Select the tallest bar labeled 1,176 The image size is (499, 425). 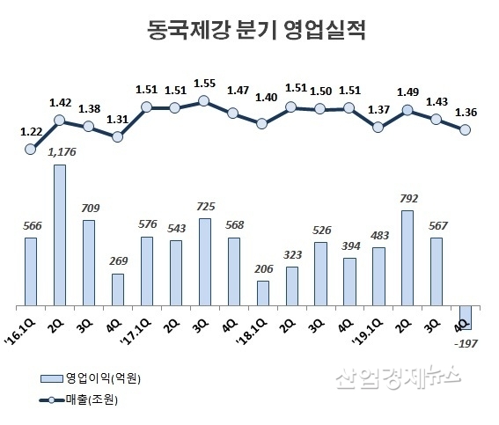61,234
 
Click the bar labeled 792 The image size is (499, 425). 407,257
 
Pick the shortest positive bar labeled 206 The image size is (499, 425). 263,292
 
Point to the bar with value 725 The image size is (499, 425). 205,260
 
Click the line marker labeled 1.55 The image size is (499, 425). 205,100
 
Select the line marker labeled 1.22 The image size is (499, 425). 32,149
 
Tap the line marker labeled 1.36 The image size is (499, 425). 466,130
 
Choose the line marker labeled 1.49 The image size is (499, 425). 407,110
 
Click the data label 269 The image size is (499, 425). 118,261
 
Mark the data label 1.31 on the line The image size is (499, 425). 118,121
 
